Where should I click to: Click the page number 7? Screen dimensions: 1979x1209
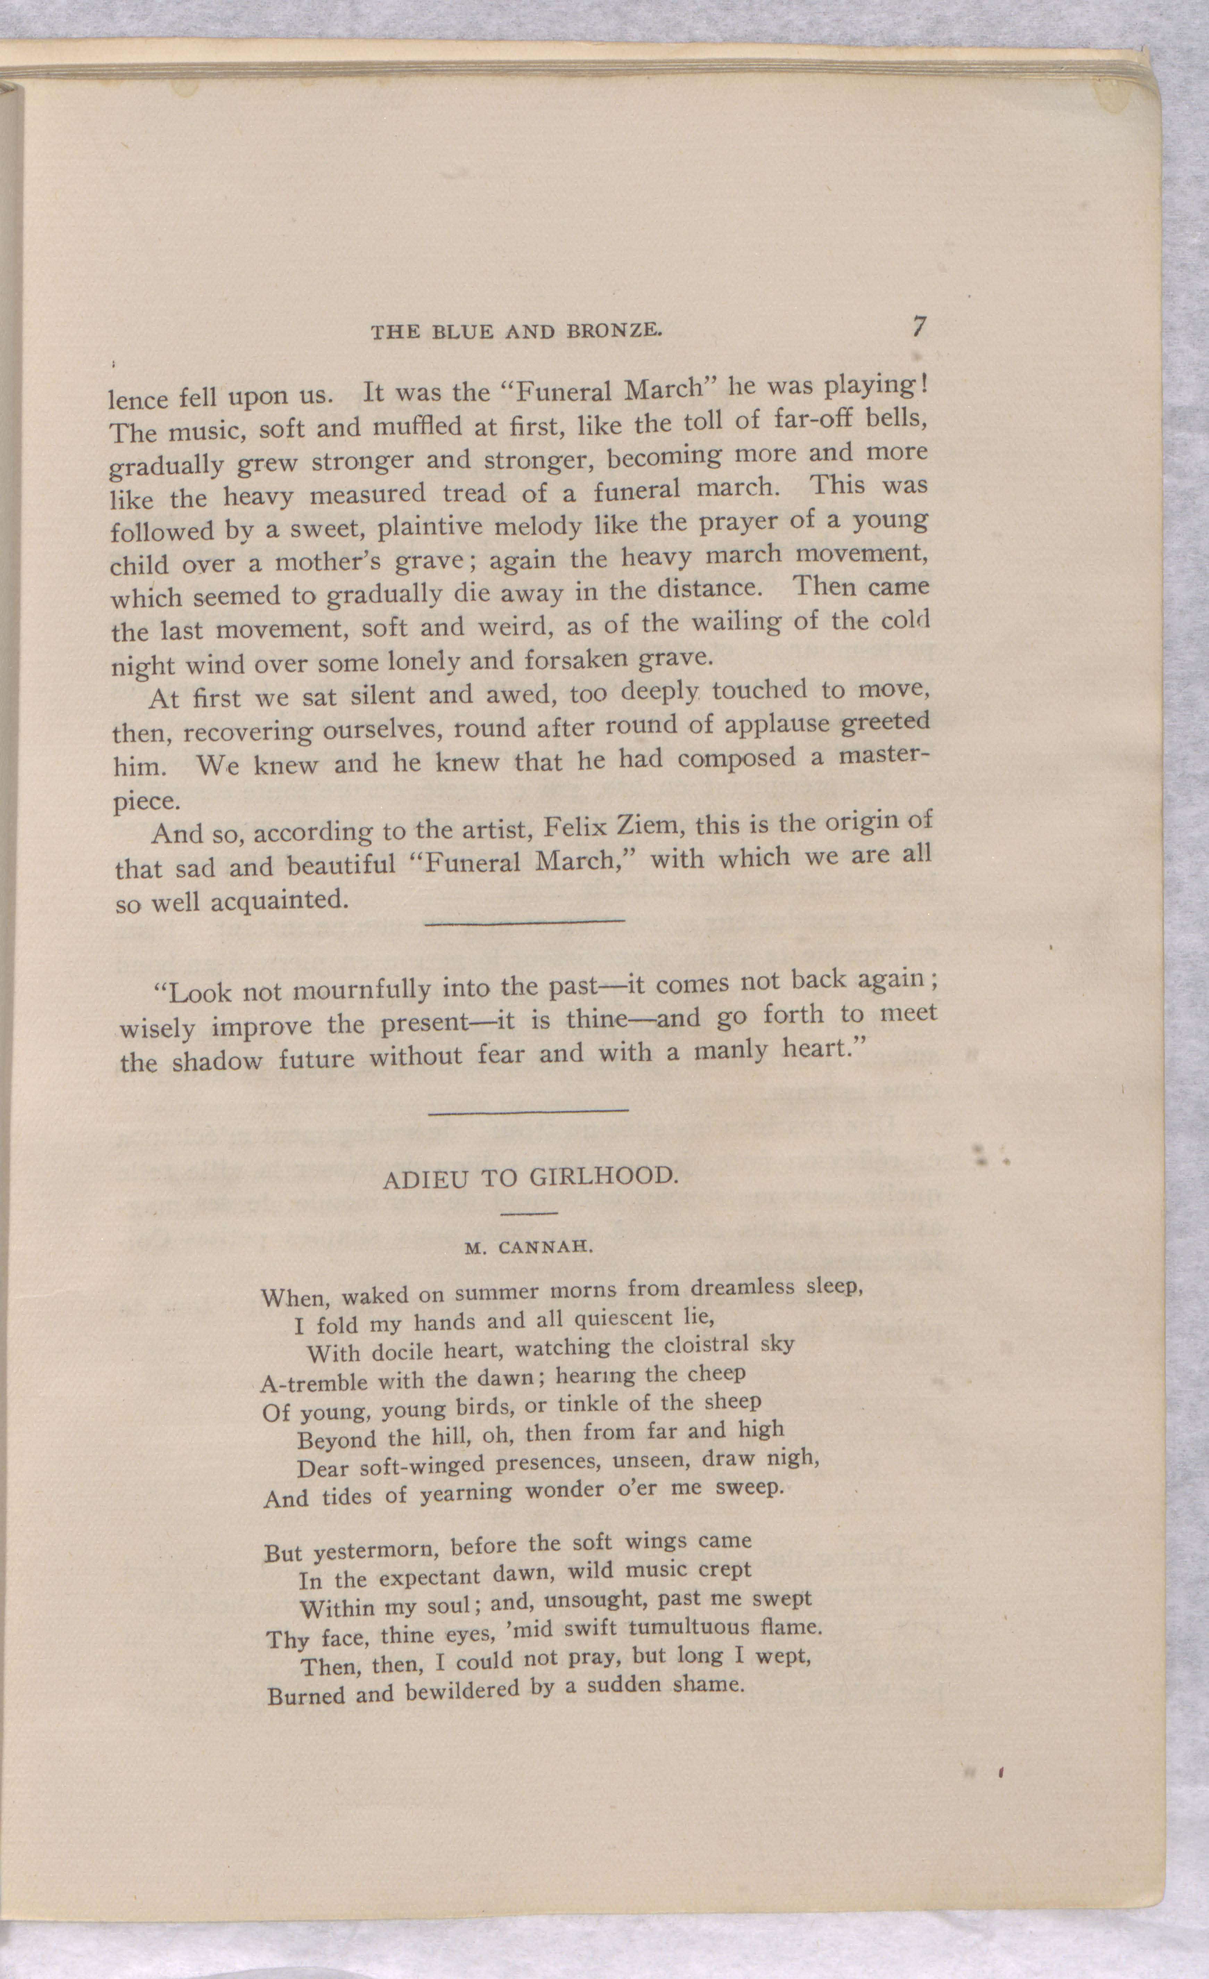pyautogui.click(x=919, y=327)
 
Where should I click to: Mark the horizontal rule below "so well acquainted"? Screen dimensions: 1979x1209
pyautogui.click(x=524, y=921)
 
